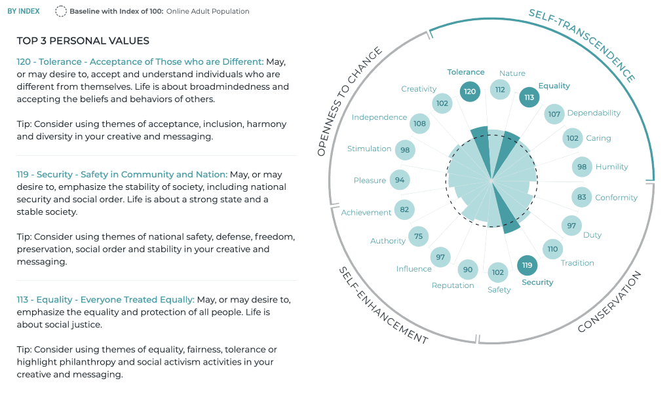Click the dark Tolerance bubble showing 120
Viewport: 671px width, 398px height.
click(469, 92)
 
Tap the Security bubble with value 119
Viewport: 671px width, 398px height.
click(527, 265)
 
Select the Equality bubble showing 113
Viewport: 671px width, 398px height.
click(529, 98)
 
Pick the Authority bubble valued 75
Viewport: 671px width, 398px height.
click(418, 236)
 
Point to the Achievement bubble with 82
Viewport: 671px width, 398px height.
click(404, 209)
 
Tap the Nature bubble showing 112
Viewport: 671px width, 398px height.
click(500, 90)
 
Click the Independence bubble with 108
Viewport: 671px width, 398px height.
click(419, 123)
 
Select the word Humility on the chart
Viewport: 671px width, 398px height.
click(612, 167)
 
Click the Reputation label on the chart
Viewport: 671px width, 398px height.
click(453, 285)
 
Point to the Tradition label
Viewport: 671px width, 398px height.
click(577, 263)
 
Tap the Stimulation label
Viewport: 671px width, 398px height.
click(370, 149)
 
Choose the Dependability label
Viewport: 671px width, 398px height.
click(594, 113)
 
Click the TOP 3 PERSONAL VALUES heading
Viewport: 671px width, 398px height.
click(83, 41)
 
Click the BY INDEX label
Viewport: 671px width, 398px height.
click(24, 11)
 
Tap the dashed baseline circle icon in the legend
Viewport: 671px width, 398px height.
click(61, 11)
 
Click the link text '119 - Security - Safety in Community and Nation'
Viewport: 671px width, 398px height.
click(122, 175)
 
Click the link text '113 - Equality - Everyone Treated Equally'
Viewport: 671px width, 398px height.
click(105, 300)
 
